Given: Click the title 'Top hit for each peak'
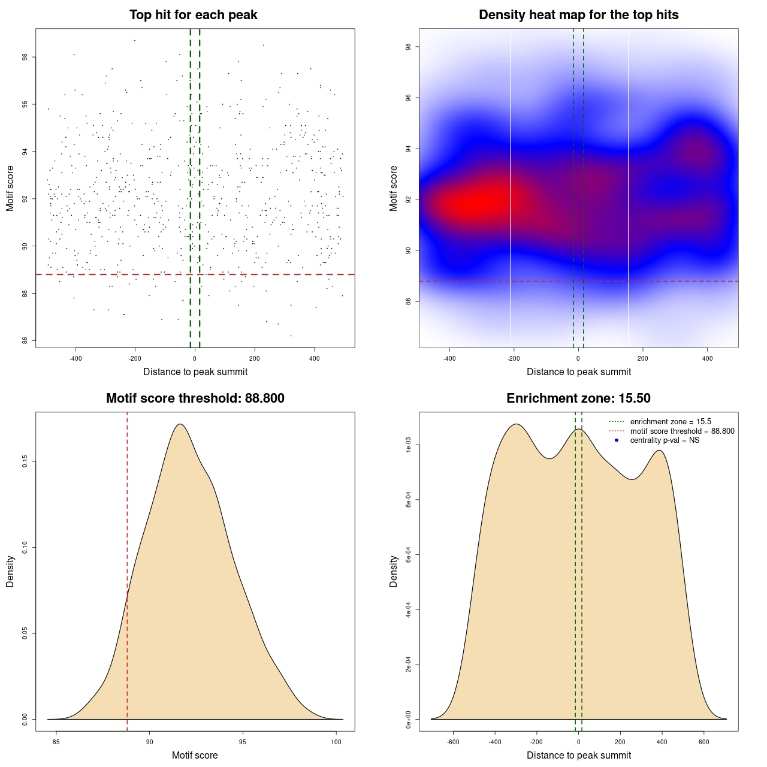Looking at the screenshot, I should [194, 15].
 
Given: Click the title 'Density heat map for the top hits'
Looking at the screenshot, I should [578, 15].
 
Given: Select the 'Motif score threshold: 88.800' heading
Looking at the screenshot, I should [195, 398].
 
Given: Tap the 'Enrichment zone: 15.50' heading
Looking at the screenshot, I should [578, 398].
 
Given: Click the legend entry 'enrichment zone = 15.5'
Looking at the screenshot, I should [671, 422].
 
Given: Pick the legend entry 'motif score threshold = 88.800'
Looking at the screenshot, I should [682, 431].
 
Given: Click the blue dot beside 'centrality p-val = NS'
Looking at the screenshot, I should [617, 440].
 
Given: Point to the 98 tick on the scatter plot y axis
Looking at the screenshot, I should [25, 58].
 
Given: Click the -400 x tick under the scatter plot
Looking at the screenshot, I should [76, 359].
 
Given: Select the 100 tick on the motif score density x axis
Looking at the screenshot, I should [336, 742].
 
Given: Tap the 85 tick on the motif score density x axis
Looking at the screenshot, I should [56, 742].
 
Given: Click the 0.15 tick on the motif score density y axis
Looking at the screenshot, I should [25, 461].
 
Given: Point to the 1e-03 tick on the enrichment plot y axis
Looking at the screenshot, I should [408, 445].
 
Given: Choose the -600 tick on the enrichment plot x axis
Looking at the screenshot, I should [453, 742].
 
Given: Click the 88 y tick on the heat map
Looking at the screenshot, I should [408, 301].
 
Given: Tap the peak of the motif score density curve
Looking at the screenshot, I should [180, 424].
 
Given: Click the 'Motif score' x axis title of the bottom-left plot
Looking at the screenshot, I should [195, 756].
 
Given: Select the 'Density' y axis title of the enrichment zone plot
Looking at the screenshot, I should [394, 571].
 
